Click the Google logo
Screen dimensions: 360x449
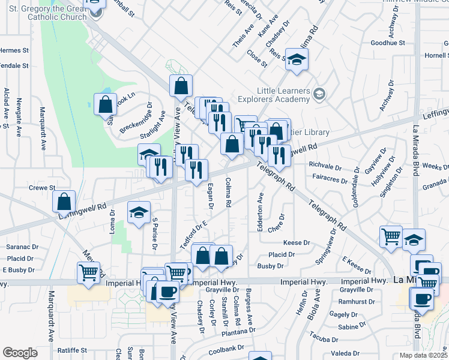(20, 353)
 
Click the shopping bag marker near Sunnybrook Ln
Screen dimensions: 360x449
(105, 104)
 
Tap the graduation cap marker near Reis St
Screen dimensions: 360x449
(296, 60)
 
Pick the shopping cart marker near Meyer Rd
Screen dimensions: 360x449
(89, 273)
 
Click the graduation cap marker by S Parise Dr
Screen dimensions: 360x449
(139, 212)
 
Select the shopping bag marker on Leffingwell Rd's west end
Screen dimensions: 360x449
(64, 202)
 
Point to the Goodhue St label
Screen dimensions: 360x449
(388, 43)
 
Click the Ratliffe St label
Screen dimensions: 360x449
(72, 350)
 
